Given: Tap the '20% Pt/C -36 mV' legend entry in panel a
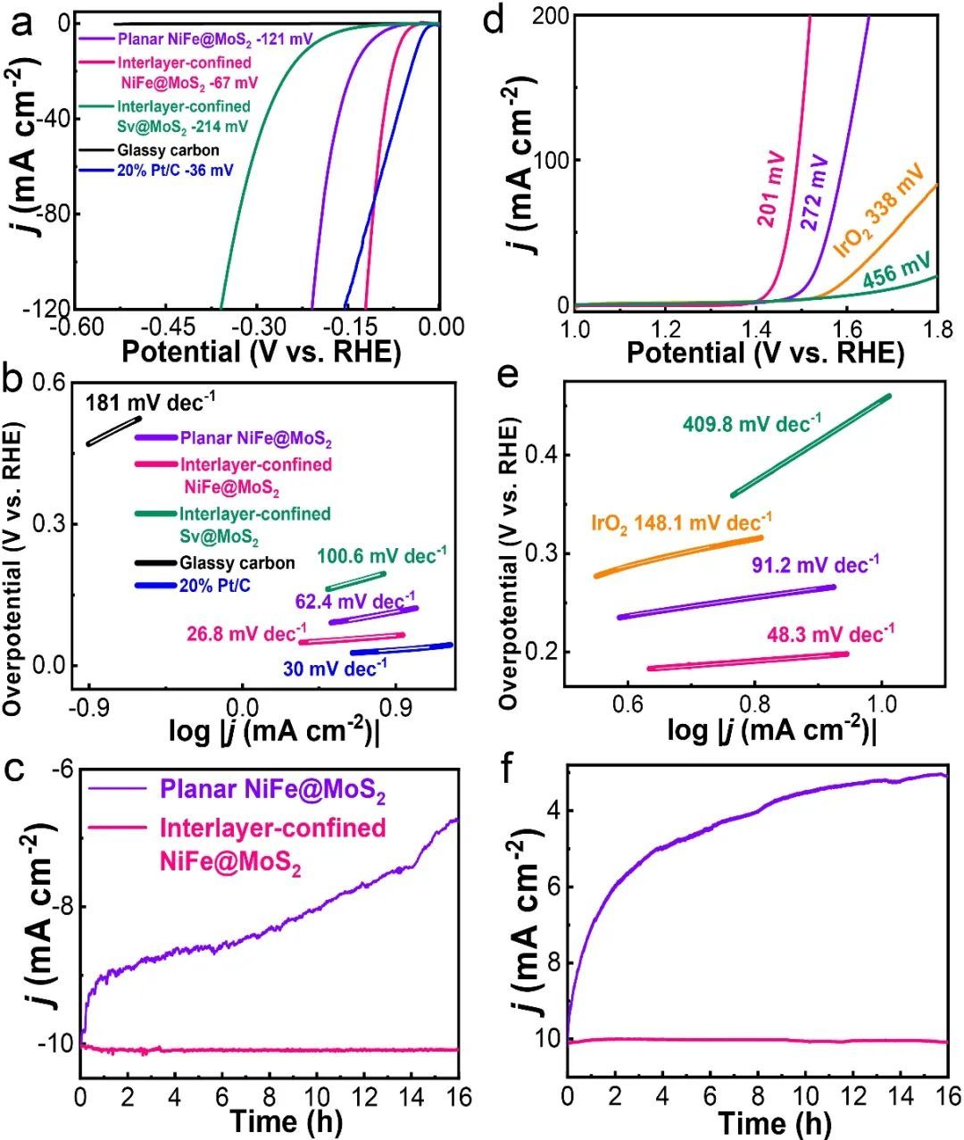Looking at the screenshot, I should pos(174,171).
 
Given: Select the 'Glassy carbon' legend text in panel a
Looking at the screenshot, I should pos(168,150).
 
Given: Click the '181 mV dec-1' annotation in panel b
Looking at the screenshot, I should pos(150,402).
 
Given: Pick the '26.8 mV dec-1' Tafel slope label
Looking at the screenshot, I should pos(246,634).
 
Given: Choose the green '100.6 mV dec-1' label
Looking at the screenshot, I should pos(382,556).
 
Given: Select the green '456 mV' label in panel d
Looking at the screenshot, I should pos(896,267).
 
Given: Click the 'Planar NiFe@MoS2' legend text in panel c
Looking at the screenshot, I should pos(273,790).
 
